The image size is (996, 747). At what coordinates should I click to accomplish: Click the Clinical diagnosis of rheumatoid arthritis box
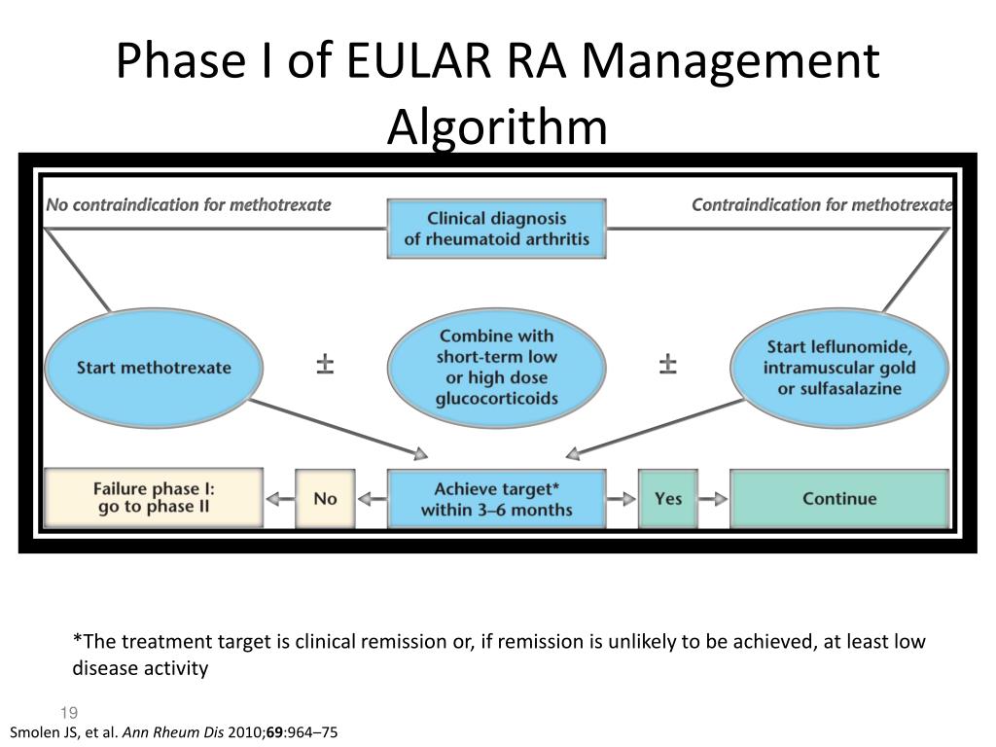point(496,229)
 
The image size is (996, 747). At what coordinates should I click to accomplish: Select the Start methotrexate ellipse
point(154,367)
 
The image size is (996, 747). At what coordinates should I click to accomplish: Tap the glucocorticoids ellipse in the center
point(496,367)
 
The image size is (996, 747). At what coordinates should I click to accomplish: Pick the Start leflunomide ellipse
point(838,367)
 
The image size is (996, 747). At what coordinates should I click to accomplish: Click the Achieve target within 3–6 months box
point(496,499)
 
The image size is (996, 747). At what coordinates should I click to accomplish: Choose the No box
point(325,499)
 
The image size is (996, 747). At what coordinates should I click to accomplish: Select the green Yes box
point(668,499)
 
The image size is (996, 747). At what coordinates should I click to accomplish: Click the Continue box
point(838,499)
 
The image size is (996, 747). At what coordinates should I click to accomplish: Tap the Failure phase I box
point(154,499)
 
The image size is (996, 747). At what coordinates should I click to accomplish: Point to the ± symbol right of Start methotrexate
point(325,366)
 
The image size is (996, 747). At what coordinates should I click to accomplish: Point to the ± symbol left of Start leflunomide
point(668,366)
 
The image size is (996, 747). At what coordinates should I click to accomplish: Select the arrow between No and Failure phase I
point(279,499)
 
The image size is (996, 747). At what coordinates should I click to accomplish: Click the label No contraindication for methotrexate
point(189,205)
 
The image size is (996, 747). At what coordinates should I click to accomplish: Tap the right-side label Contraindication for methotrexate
point(821,205)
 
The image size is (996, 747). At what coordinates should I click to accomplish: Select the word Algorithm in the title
point(496,126)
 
